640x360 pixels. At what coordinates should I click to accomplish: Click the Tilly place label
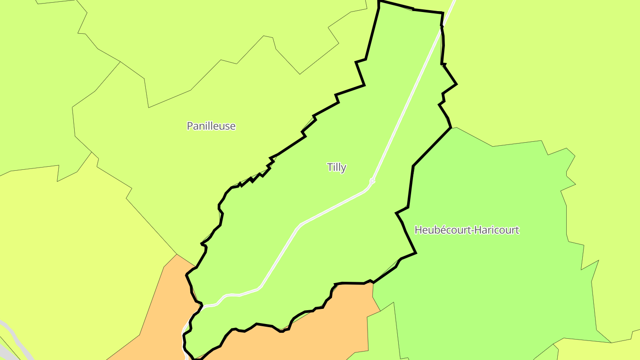point(336,168)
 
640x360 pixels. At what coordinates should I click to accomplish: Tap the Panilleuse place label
point(211,126)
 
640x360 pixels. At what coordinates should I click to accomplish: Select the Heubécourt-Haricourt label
point(467,230)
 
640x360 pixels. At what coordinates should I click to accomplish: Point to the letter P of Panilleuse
point(190,126)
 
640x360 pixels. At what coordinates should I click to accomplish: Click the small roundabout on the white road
point(372,181)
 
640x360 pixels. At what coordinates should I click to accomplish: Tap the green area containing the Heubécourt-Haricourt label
point(489,276)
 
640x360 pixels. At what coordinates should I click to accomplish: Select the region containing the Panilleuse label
point(178,169)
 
